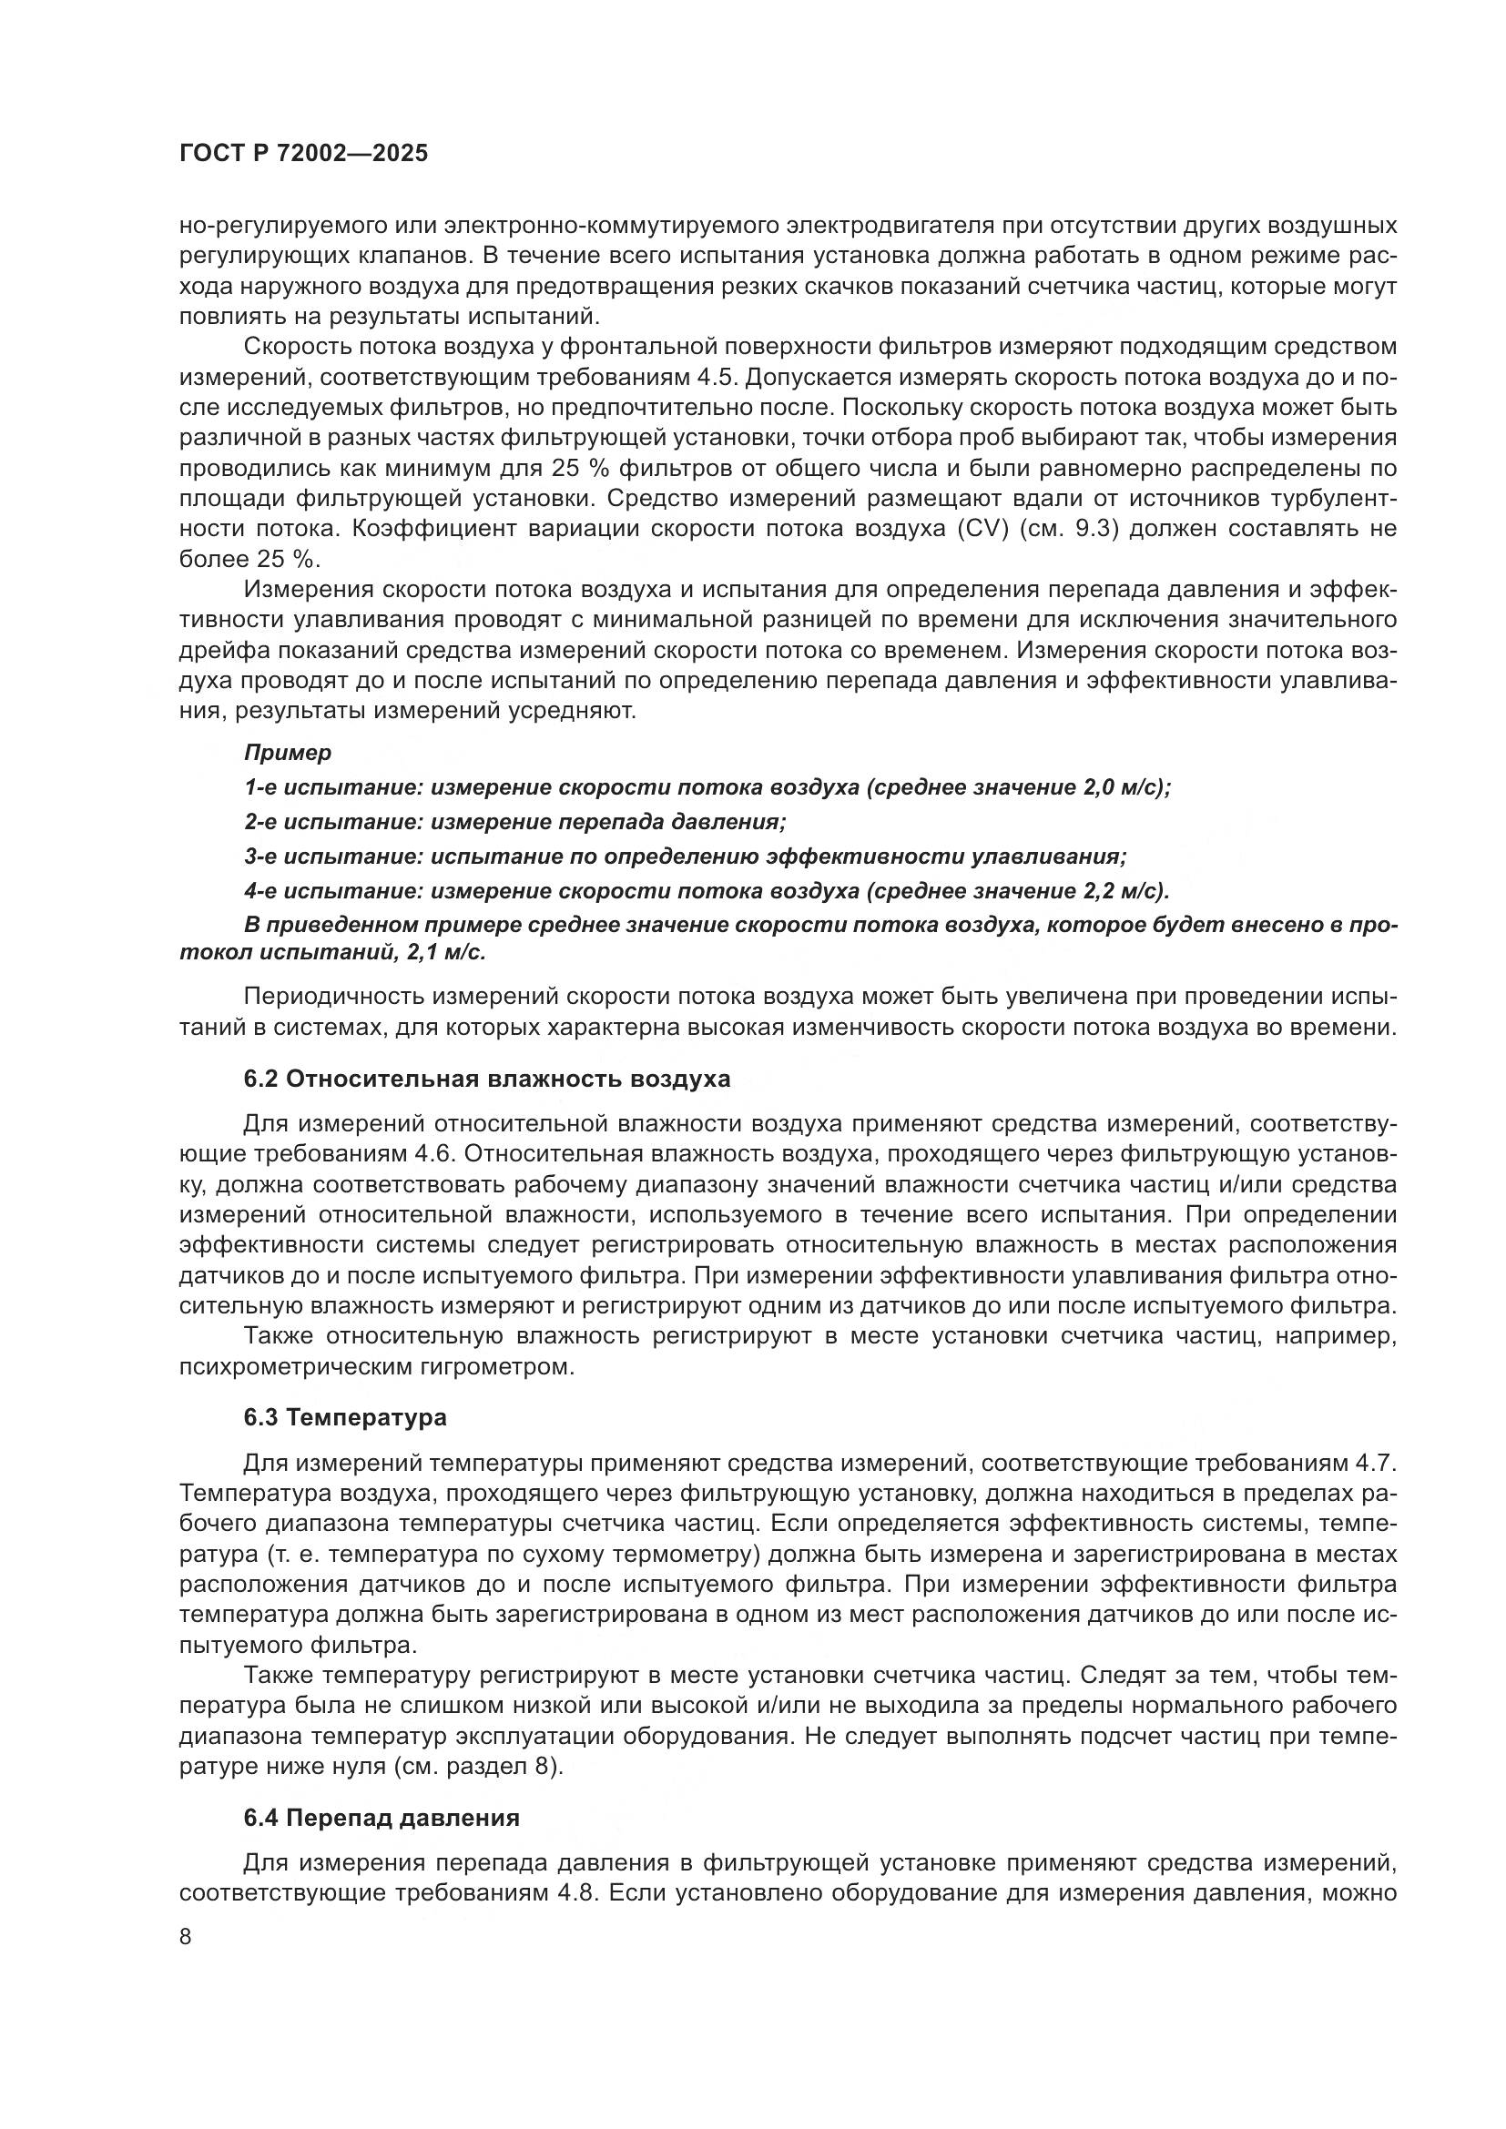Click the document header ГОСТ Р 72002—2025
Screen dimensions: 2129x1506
[303, 154]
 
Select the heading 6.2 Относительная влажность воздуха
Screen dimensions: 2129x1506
[486, 1080]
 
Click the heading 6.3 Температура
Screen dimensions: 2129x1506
[345, 1418]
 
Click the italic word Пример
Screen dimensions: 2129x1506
[288, 753]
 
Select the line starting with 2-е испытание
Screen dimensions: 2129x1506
[514, 822]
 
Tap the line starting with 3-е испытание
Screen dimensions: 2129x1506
[685, 856]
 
